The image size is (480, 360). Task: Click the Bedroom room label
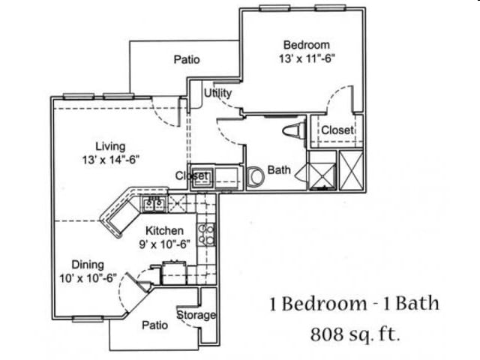point(306,44)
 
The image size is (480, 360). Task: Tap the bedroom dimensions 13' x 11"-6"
point(306,57)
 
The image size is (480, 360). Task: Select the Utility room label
point(217,93)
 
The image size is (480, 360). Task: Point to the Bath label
point(279,170)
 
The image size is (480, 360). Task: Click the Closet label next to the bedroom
point(337,130)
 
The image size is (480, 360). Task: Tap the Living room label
point(110,145)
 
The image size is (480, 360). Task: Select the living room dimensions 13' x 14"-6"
point(110,159)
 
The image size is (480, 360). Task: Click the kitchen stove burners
point(206,235)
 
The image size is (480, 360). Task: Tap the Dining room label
point(88,264)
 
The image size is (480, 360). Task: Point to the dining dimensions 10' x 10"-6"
point(88,277)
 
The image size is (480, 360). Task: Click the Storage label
point(196,315)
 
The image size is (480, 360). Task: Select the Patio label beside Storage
point(155,325)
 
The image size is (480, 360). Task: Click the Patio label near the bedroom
point(186,59)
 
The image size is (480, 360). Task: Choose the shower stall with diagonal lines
point(322,170)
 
